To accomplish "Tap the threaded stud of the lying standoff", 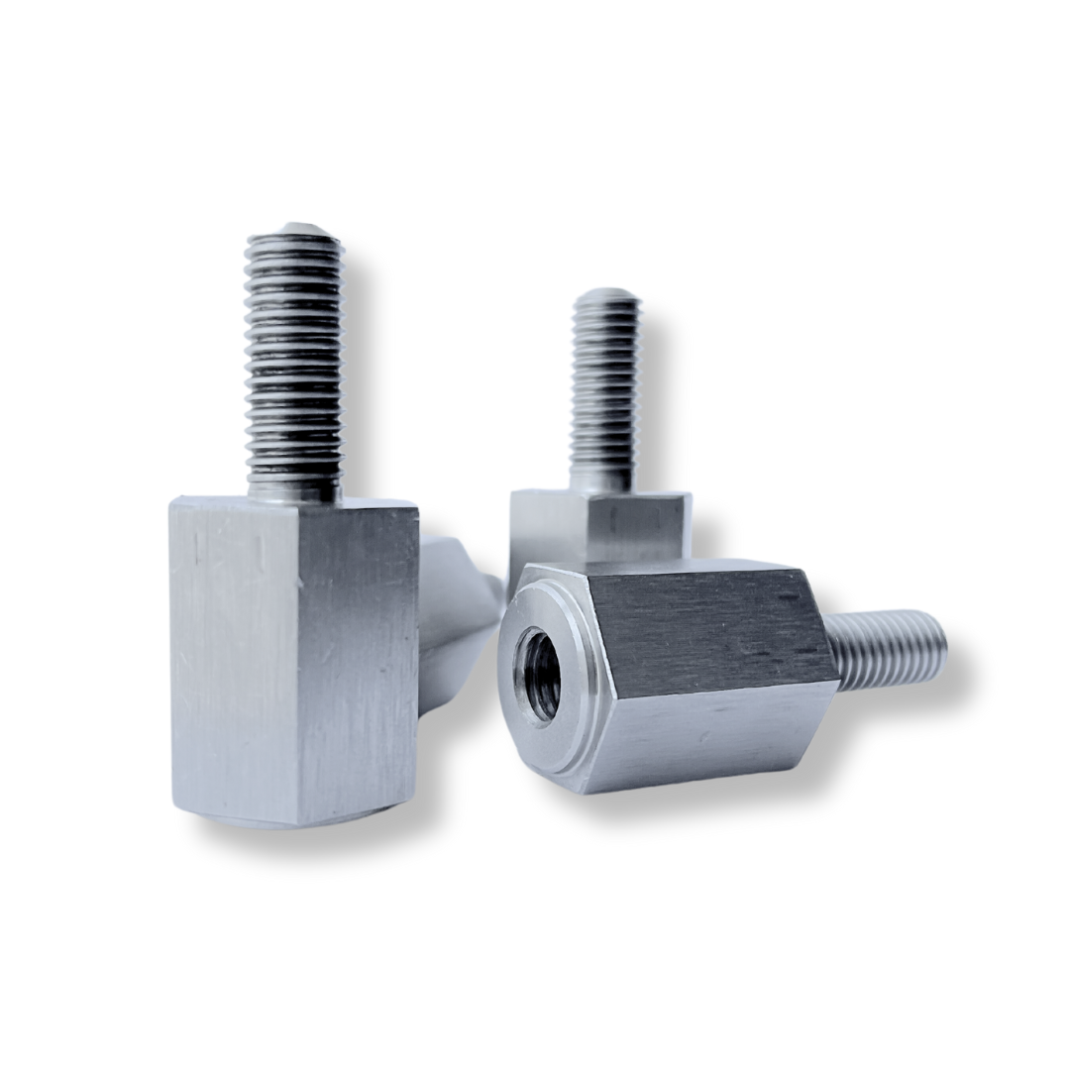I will click(x=887, y=649).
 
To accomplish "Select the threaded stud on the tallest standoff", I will click(x=294, y=357).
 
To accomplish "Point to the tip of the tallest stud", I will click(x=294, y=230).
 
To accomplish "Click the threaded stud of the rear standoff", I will click(x=605, y=386).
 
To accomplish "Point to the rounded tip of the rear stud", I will click(x=605, y=295).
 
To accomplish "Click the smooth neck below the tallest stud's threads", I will click(x=294, y=485).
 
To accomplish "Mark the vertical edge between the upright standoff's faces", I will click(x=297, y=664).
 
